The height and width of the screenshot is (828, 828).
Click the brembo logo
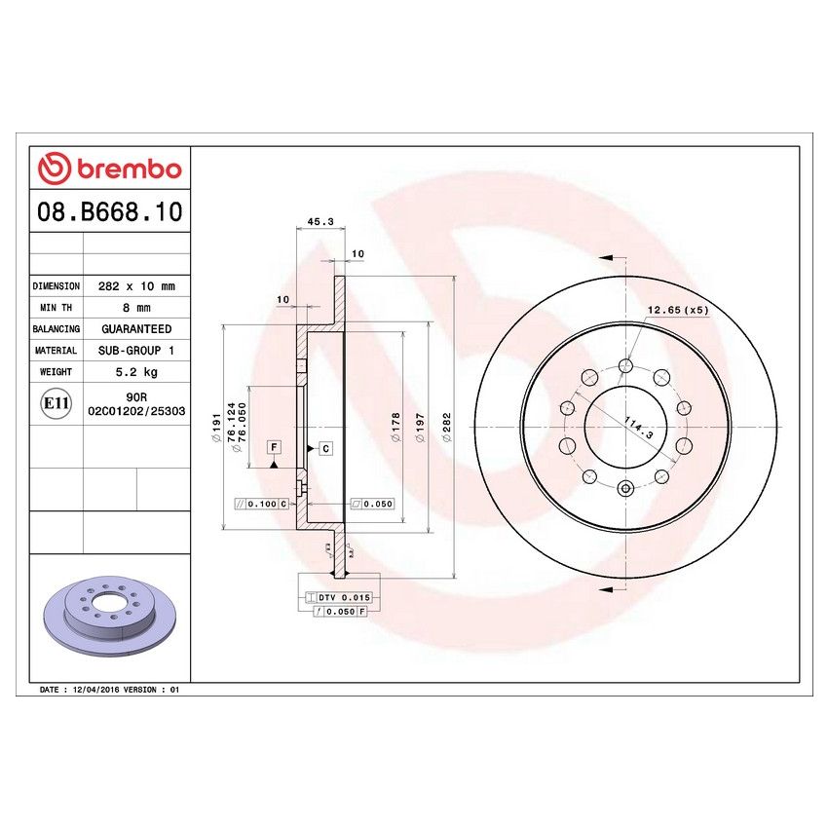coord(109,169)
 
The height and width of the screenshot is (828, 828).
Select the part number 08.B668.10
coord(109,211)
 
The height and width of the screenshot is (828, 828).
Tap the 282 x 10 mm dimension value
coord(136,286)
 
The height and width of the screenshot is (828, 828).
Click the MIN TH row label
coord(56,308)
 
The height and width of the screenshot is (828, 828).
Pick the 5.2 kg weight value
coord(136,372)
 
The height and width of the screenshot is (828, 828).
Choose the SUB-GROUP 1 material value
coord(136,351)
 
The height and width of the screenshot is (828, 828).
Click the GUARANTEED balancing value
coord(136,329)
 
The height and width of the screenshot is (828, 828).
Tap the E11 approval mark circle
coord(56,403)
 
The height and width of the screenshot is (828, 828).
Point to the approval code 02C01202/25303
coord(136,412)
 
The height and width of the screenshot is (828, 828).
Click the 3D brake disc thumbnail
coord(108,621)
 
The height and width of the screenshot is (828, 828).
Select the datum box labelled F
coord(274,446)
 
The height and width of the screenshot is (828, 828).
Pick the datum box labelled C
coord(325,448)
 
